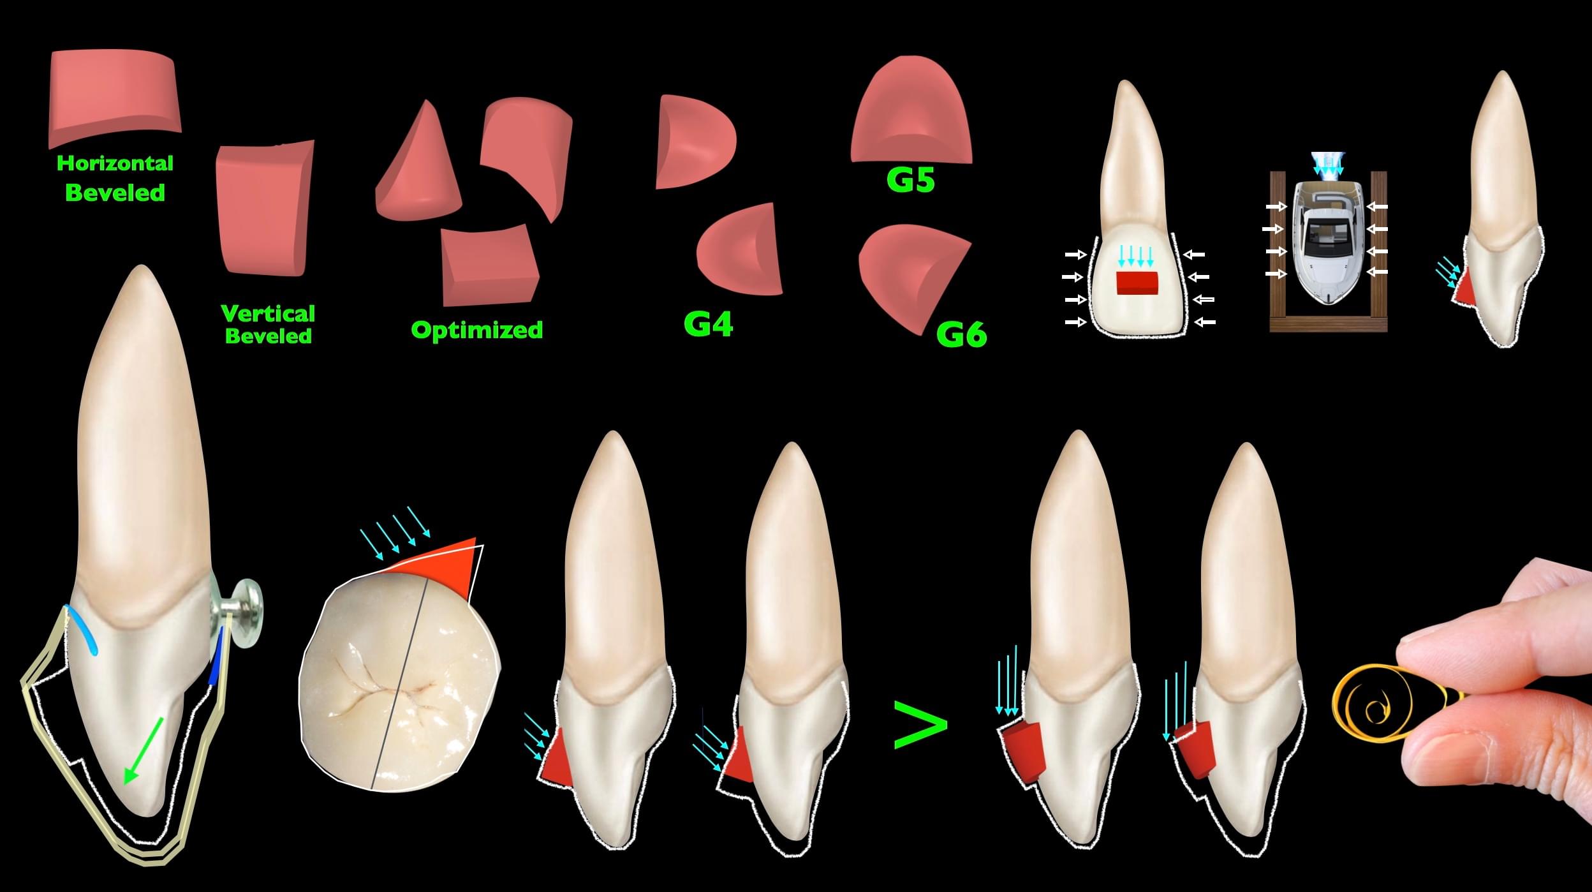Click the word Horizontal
115,163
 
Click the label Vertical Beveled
269,324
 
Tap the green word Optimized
477,330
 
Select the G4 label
708,324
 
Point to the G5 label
911,180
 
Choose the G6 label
961,334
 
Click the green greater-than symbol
920,725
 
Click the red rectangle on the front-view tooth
1137,283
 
